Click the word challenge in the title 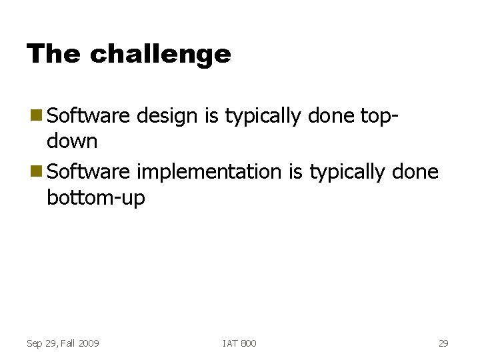(160, 54)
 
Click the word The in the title (54, 54)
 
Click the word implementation (209, 172)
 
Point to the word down (72, 141)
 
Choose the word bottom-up (96, 198)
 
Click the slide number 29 (443, 343)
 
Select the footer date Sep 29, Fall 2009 (63, 343)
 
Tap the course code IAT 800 (239, 343)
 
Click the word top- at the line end (380, 117)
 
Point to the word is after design (211, 117)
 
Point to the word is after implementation (295, 172)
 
